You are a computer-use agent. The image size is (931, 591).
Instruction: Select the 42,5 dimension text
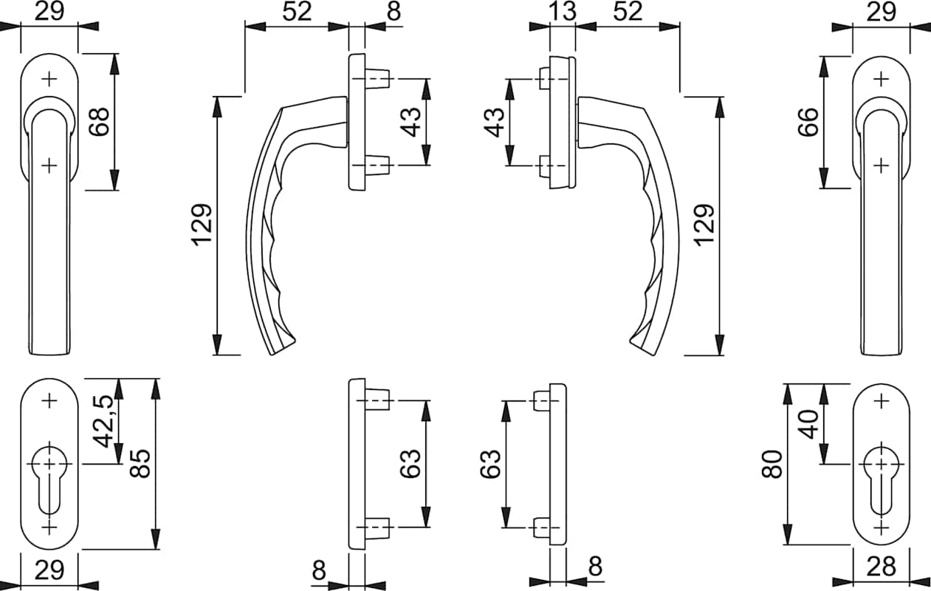[106, 422]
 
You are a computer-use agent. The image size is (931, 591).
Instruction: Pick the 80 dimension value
[773, 464]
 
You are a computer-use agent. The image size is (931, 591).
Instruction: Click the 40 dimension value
[810, 424]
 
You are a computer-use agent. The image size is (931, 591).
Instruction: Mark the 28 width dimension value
[881, 567]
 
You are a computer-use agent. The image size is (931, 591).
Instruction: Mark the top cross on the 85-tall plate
[49, 401]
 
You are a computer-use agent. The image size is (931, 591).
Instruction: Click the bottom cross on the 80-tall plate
[881, 527]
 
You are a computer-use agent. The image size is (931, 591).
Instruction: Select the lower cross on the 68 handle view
[49, 165]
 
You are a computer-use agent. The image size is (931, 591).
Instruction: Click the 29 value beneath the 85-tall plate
[49, 570]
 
